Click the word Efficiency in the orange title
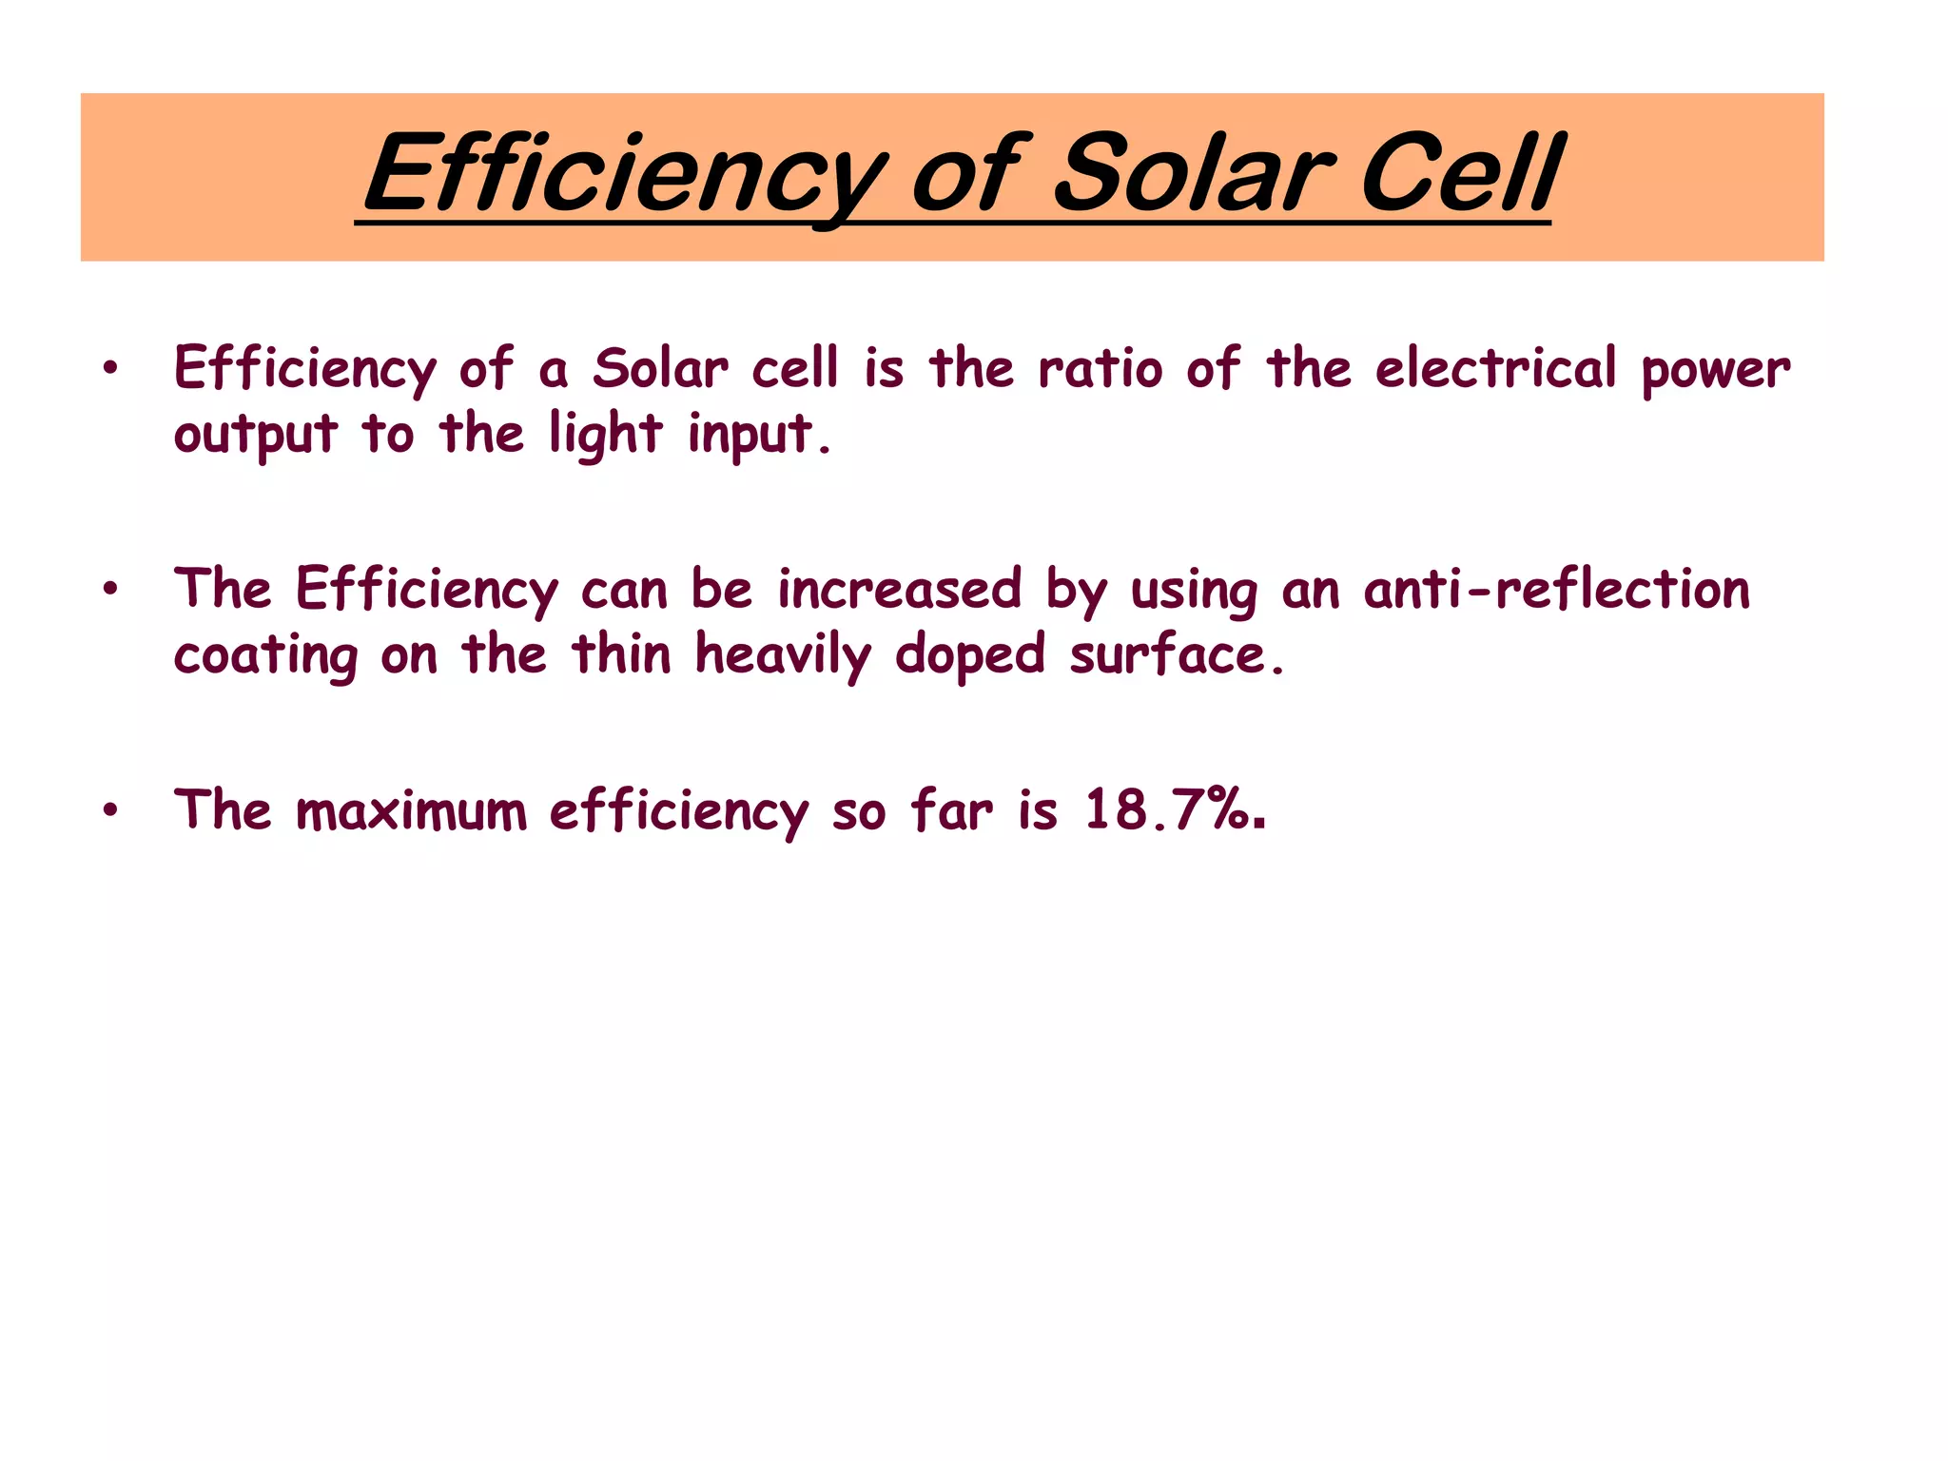coord(624,177)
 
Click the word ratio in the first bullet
coord(1100,368)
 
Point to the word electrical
coord(1495,368)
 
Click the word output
coord(255,436)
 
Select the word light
coord(605,436)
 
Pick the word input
coord(758,436)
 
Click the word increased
coord(899,589)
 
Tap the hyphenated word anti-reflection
coord(1557,589)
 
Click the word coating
coord(265,656)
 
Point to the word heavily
coord(783,656)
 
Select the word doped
coord(969,656)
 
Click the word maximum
coord(411,811)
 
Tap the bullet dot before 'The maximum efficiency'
coord(111,810)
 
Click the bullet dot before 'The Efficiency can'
coord(111,589)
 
